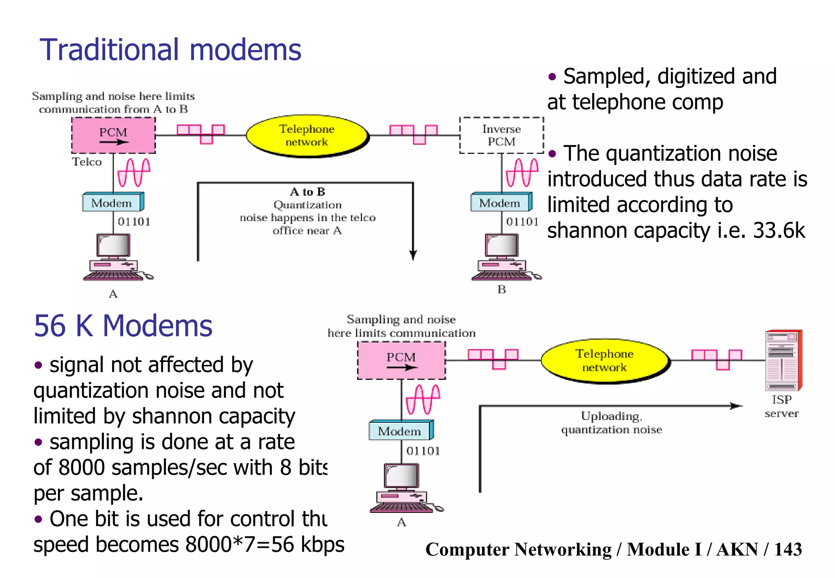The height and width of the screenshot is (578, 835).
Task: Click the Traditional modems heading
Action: (170, 50)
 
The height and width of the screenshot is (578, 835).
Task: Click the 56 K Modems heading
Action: (123, 326)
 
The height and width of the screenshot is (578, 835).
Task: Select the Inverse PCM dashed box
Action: (501, 135)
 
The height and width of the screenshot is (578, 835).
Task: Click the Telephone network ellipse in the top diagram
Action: (307, 136)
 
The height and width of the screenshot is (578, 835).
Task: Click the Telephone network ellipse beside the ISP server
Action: (605, 361)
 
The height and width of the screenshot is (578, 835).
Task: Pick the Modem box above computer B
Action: (501, 203)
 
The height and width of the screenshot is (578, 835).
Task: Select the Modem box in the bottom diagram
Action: (400, 431)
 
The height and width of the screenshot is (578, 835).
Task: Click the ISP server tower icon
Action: (783, 360)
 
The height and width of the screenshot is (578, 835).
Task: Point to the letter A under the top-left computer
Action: (113, 294)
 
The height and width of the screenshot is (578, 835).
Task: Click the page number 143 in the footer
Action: (788, 549)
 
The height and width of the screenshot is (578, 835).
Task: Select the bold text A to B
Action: (307, 192)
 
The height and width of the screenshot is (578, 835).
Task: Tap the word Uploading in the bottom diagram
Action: (611, 416)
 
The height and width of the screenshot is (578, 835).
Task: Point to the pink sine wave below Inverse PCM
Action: (522, 172)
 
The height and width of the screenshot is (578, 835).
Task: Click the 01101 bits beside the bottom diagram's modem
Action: (423, 451)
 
